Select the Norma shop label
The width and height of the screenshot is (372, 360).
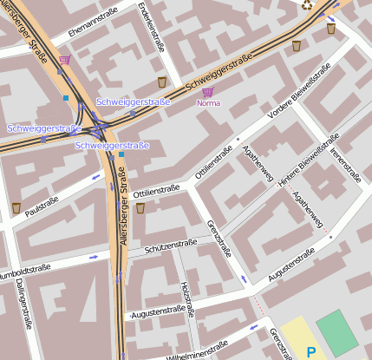[x=208, y=103]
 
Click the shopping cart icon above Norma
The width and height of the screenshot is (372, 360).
[x=207, y=91]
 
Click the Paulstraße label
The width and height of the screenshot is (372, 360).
[x=41, y=206]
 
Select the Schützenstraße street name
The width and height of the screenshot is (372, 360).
[x=171, y=249]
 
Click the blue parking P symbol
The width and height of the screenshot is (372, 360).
[x=311, y=352]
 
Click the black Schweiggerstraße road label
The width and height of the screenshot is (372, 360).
[x=219, y=73]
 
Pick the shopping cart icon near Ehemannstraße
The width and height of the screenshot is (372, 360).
[x=64, y=61]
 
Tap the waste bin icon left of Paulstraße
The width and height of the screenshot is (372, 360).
[x=16, y=207]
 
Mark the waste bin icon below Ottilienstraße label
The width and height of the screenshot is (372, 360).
[x=140, y=207]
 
